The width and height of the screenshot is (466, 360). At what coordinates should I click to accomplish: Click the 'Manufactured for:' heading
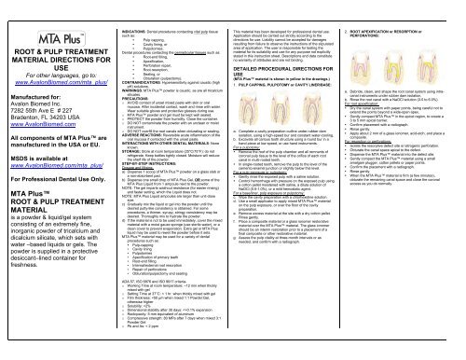click(37, 85)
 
